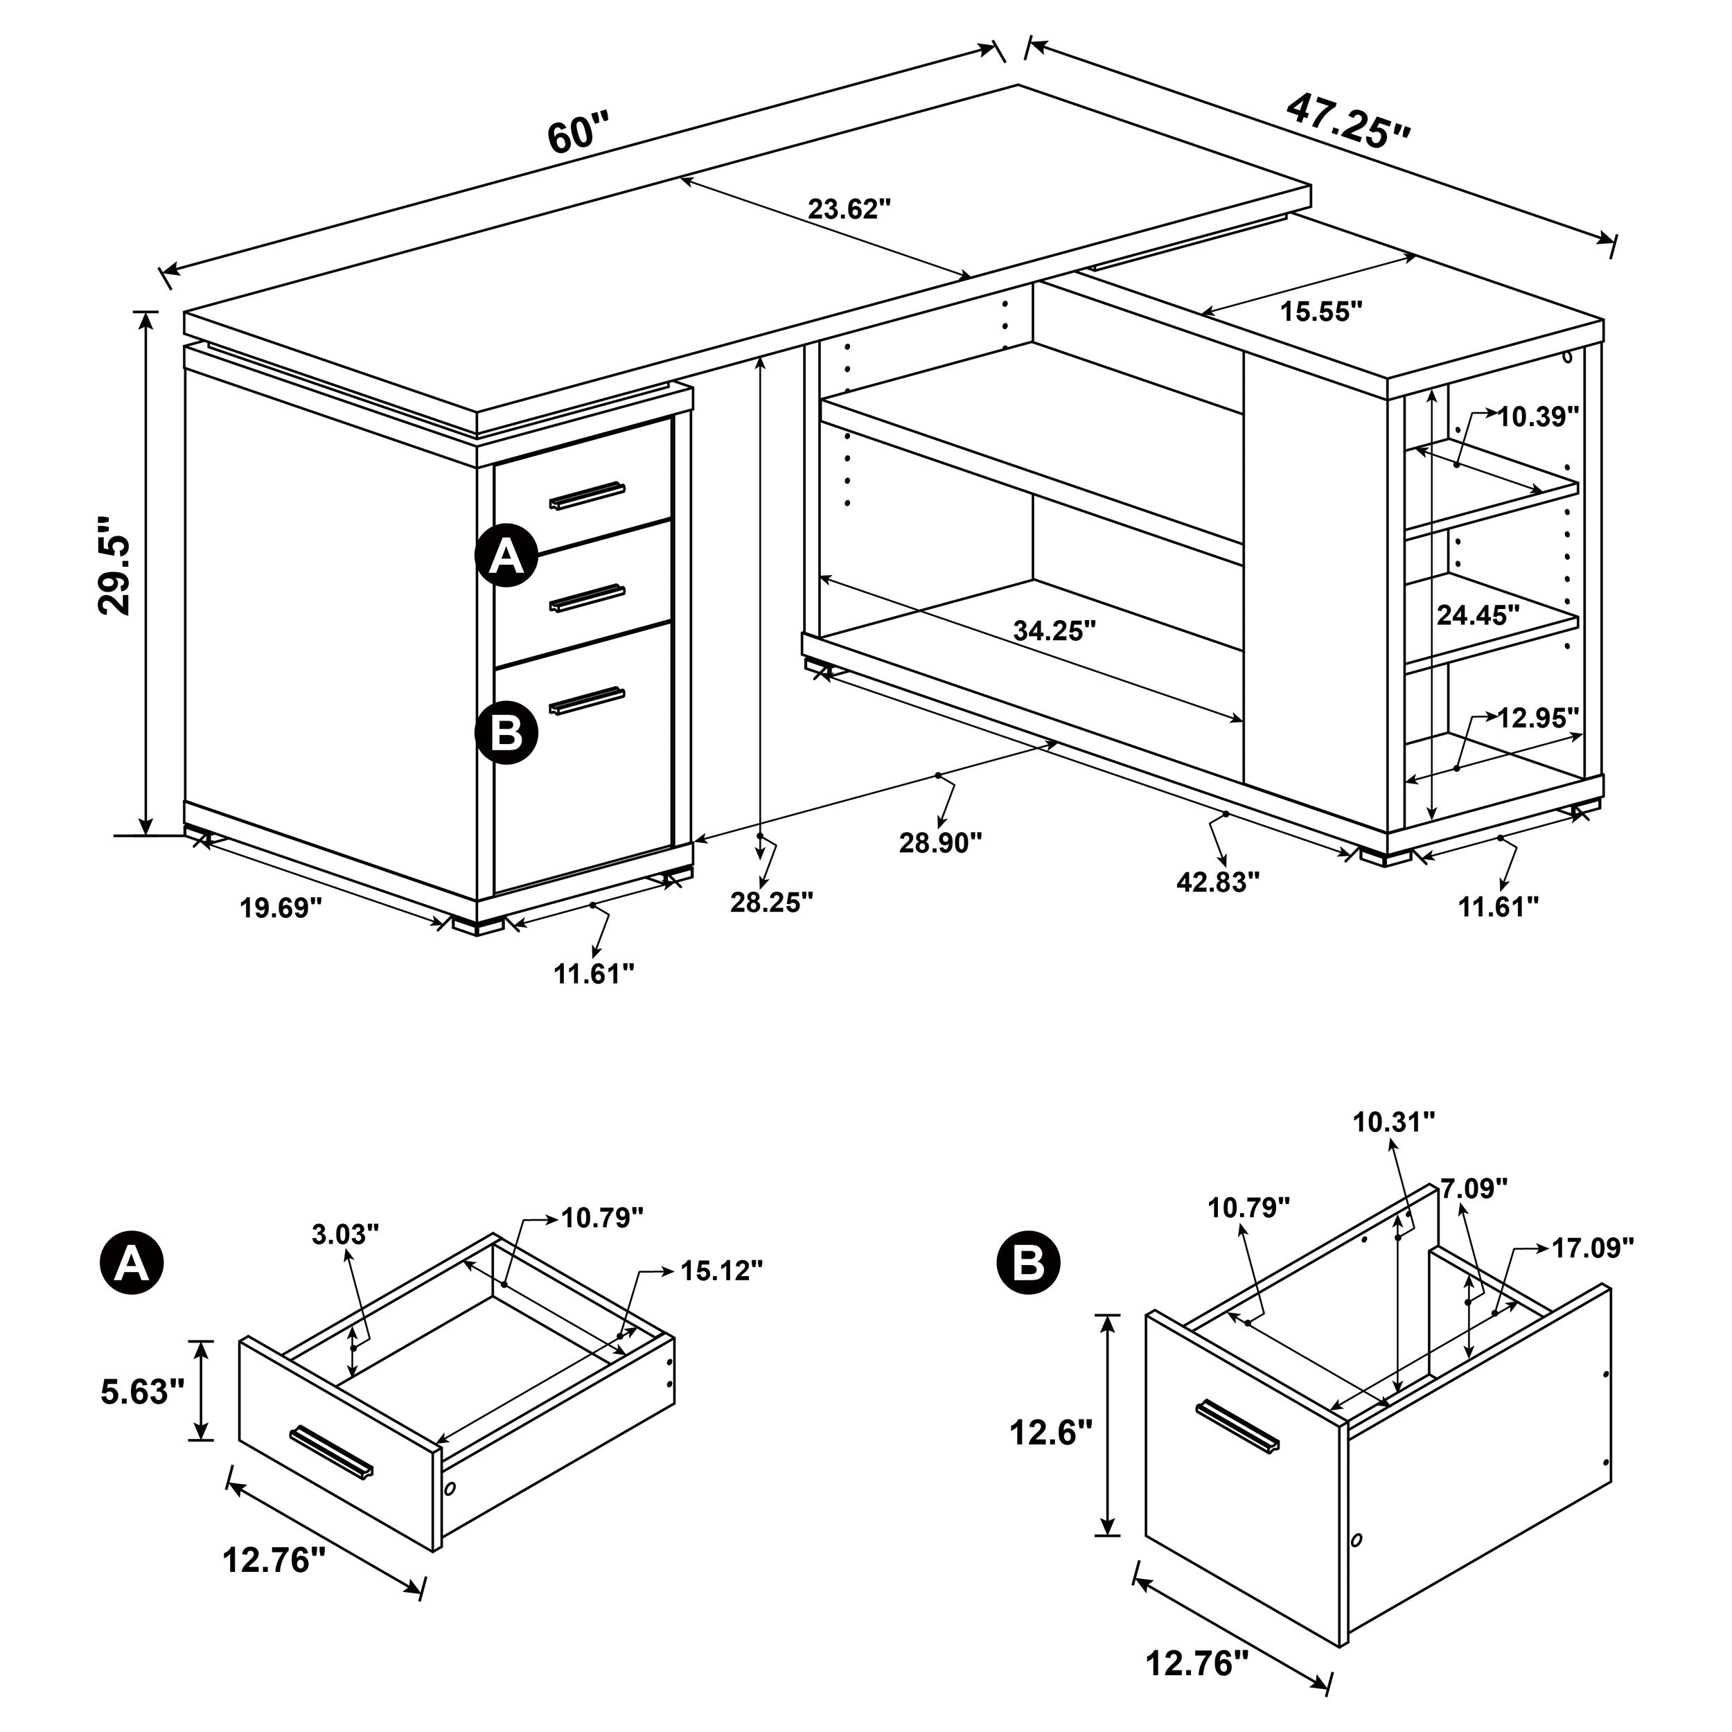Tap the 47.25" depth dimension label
pos(1347,121)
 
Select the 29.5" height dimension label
pos(115,564)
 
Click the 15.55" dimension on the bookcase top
pos(1320,311)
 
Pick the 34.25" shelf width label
pos(1054,631)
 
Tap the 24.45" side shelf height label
pos(1478,615)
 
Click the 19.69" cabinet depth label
pos(280,908)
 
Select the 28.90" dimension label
pos(940,842)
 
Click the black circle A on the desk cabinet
pos(506,556)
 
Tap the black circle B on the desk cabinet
pos(506,732)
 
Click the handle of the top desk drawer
pos(587,495)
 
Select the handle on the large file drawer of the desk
pos(587,701)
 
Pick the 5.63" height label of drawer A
pos(141,1391)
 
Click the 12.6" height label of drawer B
pos(1051,1433)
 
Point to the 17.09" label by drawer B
pos(1592,1248)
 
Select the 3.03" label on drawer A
pos(345,1235)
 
